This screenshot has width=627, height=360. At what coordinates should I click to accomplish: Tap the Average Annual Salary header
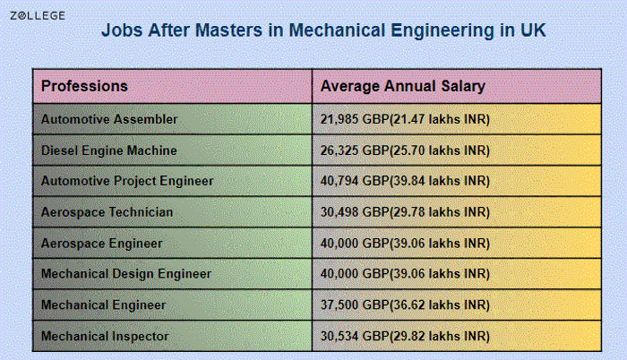402,87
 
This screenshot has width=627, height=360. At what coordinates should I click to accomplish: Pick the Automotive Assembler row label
109,119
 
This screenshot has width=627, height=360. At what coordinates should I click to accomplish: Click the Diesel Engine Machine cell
109,150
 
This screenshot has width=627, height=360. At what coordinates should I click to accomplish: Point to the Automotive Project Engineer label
127,181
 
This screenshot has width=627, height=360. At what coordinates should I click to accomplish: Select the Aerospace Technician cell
107,212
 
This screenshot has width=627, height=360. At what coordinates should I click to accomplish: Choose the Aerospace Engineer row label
102,243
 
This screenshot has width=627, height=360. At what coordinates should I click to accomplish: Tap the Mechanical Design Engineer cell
126,273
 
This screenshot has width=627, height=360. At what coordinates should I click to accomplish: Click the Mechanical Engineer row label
104,304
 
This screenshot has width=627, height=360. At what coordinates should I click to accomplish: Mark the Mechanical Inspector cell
105,336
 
